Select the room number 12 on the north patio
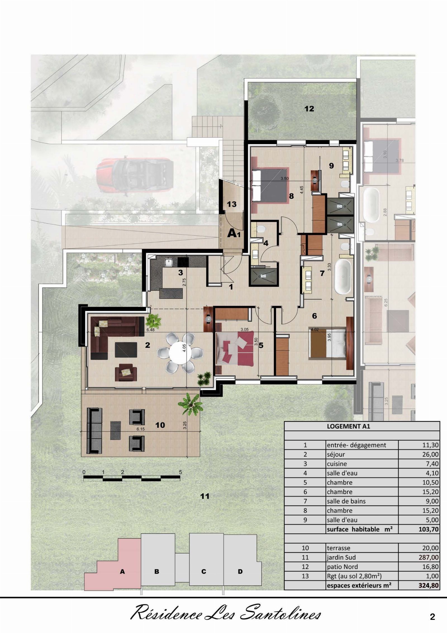click(x=309, y=109)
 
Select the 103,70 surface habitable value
click(x=429, y=529)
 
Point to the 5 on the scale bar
click(x=180, y=472)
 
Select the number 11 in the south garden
click(x=205, y=496)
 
